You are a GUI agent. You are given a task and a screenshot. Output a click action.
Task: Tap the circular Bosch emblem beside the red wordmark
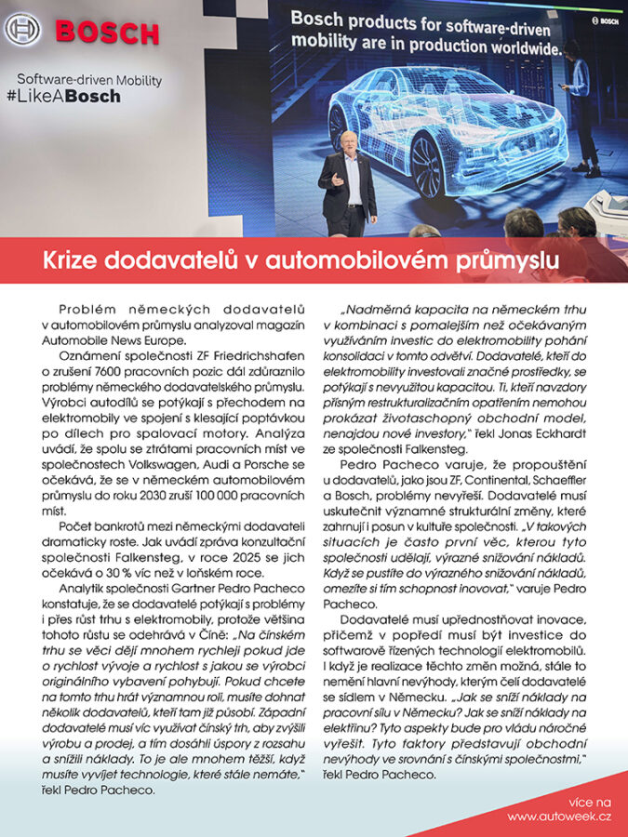(x=22, y=30)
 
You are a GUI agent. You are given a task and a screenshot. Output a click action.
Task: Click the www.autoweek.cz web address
(x=559, y=816)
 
